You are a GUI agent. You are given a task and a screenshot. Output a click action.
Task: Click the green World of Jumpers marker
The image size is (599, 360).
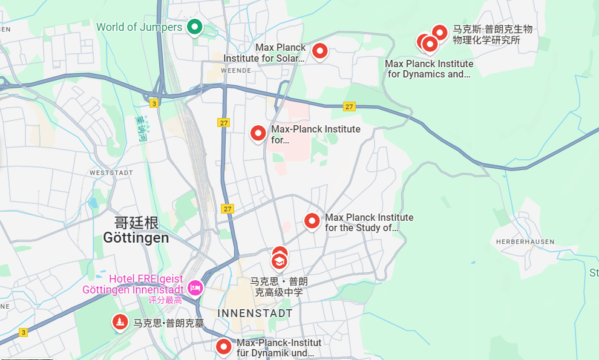click(x=194, y=27)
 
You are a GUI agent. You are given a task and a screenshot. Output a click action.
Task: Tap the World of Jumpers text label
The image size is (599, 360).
click(x=139, y=27)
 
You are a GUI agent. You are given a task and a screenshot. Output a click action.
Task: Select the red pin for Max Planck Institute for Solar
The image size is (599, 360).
click(x=319, y=52)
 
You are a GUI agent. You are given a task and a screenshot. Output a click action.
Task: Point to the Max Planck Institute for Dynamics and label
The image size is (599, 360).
click(x=429, y=69)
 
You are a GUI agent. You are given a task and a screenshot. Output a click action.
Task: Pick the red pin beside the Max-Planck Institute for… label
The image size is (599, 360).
click(x=258, y=133)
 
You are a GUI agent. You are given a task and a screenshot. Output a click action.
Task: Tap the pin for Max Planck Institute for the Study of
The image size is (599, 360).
click(x=312, y=221)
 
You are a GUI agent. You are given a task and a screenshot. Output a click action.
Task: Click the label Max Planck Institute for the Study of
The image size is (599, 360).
click(x=369, y=223)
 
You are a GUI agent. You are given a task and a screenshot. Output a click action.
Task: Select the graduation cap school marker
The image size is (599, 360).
click(x=279, y=261)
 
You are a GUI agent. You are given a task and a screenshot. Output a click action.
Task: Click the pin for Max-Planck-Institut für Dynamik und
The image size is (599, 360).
click(x=224, y=347)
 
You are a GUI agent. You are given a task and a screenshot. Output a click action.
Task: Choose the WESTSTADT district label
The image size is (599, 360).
click(x=111, y=173)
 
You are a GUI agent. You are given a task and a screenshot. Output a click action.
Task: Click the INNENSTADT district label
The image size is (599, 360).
click(x=255, y=313)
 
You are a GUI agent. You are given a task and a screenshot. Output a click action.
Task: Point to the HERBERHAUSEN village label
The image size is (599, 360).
click(x=525, y=241)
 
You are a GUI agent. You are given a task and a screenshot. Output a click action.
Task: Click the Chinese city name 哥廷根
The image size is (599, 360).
click(x=136, y=223)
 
